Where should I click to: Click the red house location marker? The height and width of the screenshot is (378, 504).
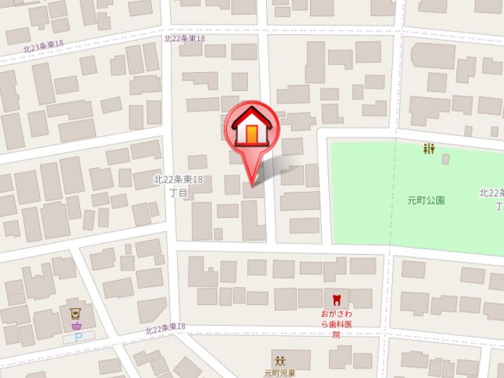coord(251,129)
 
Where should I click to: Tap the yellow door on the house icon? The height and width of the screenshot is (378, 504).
coord(251,133)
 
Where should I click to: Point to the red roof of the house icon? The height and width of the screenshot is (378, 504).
coord(251,115)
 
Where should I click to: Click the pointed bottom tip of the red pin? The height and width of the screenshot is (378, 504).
coord(253,184)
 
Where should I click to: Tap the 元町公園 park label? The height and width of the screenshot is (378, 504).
coord(426,200)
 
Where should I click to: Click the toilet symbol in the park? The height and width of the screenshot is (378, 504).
coord(428,148)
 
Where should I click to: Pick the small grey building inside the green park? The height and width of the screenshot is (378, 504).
coord(446,159)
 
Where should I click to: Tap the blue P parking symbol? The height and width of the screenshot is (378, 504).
coord(78,337)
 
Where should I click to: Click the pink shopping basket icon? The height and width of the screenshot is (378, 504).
coord(75,325)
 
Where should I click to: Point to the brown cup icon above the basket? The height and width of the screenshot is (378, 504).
coord(74,313)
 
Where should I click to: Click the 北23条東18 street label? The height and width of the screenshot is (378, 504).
coord(43,47)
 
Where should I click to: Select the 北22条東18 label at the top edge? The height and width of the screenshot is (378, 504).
coord(184,38)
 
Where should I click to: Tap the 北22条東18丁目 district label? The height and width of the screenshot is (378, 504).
coord(178,185)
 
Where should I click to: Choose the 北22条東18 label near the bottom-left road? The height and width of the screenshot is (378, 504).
coord(165,328)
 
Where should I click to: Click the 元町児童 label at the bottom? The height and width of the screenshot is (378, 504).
coord(281,373)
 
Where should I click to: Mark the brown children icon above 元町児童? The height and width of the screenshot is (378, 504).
coord(280,360)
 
